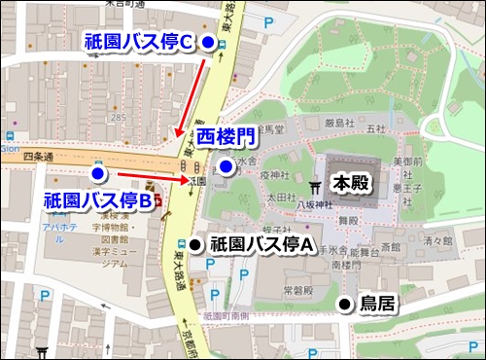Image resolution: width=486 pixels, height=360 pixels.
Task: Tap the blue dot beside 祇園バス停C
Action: [x=209, y=41]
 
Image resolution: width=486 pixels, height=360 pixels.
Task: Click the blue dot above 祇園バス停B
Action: [x=97, y=173]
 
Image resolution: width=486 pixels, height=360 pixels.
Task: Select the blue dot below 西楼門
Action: [x=225, y=167]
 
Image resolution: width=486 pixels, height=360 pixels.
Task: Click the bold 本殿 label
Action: [x=352, y=182]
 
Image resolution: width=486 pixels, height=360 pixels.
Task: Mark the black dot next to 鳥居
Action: [x=344, y=305]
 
